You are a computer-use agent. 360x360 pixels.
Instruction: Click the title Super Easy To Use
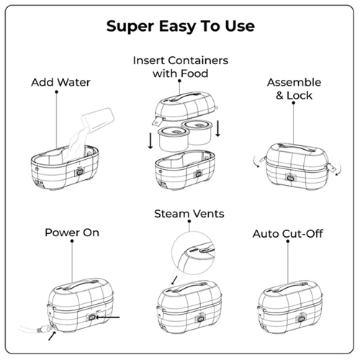click(x=181, y=26)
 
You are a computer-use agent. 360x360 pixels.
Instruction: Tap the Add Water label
click(x=60, y=82)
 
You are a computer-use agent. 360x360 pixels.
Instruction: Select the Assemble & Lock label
click(x=294, y=89)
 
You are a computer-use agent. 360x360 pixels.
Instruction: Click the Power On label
click(x=72, y=233)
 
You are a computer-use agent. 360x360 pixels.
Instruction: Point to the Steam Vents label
click(x=189, y=214)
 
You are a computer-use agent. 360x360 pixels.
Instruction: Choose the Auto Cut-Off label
click(x=288, y=233)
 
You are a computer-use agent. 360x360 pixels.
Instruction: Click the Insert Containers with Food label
click(x=181, y=67)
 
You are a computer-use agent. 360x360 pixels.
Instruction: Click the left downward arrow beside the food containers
click(x=150, y=140)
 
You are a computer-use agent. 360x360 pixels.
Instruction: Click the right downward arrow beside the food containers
click(x=217, y=129)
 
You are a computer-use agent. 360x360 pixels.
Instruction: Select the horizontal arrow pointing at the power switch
click(x=108, y=318)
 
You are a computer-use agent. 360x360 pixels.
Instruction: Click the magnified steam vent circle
click(x=194, y=253)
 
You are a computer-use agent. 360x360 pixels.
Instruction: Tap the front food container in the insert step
click(x=174, y=139)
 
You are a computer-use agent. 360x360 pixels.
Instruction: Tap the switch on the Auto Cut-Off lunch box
click(x=301, y=319)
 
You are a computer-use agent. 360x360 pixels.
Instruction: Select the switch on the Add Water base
click(x=79, y=172)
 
